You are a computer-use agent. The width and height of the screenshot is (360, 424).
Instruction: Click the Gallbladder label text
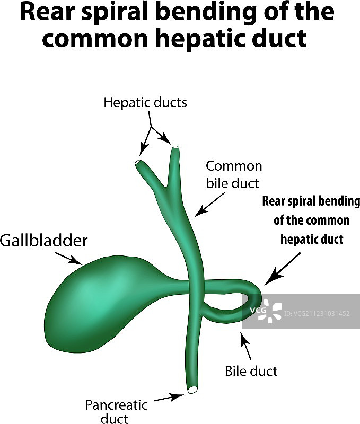point(43,241)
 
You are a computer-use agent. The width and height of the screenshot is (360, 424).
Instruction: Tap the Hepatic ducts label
point(145,102)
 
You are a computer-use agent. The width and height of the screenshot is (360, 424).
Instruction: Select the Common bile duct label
point(234,174)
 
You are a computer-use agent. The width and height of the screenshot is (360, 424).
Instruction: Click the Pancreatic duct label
point(117,412)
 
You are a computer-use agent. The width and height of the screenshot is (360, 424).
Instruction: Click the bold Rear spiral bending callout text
point(311,220)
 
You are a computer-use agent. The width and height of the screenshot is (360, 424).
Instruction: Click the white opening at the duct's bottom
point(192,390)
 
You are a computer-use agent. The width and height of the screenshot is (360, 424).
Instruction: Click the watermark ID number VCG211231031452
point(317,313)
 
